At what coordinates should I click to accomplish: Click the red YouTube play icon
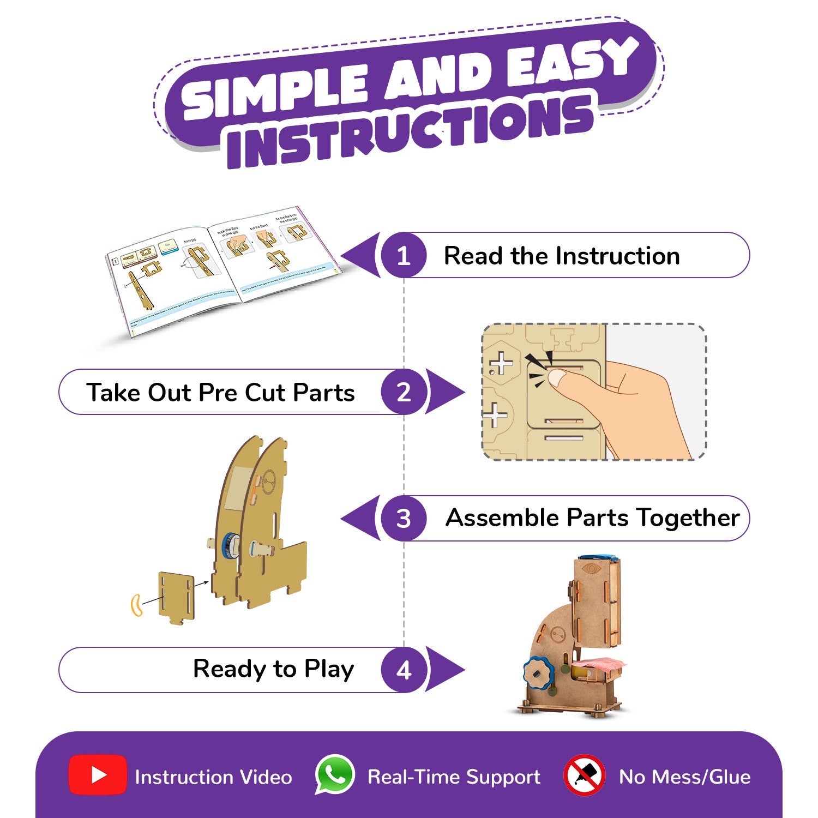coord(98,775)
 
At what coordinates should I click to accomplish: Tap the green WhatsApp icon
coord(335,774)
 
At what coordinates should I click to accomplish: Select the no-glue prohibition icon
coord(584,775)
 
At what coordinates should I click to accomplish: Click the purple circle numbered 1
coord(403,256)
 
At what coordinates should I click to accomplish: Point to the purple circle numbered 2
coord(403,392)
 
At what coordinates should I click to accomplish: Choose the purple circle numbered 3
coord(403,518)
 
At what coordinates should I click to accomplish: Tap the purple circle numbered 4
coord(403,670)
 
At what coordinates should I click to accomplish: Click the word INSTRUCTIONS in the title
coord(409,131)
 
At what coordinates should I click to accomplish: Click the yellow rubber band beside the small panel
coord(136,605)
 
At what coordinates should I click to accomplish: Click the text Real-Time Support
coord(454,777)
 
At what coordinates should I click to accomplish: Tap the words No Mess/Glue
coord(684,777)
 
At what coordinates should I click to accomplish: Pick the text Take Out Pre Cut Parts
coord(220,393)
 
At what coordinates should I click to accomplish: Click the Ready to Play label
coord(273,669)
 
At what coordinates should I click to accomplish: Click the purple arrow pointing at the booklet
coord(360,256)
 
